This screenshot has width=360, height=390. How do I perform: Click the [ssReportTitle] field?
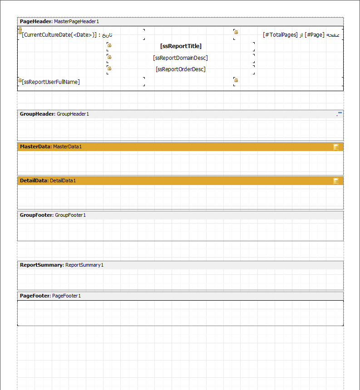pos(181,46)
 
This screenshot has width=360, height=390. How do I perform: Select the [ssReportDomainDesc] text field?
pos(180,58)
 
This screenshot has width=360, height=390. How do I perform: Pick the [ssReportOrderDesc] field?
pos(180,69)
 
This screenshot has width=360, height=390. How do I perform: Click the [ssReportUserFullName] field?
pos(51,82)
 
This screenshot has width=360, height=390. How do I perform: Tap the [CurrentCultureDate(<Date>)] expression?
pos(59,35)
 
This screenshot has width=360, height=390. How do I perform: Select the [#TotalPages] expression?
pos(280,35)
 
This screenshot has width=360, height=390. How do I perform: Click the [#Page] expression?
pos(315,35)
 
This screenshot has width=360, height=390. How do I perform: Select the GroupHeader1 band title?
pos(73,114)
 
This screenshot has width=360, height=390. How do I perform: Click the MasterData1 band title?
pos(67,146)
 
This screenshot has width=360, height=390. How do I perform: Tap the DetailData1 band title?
pos(63,180)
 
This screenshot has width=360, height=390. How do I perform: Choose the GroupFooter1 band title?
pos(70,215)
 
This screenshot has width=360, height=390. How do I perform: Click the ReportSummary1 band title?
pos(84,265)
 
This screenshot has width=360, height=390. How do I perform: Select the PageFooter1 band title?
pos(66,296)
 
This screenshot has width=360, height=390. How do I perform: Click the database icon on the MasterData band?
pos(336,147)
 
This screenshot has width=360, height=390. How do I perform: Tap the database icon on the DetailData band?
pos(336,181)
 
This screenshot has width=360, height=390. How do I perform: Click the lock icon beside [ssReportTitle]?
pos(109,45)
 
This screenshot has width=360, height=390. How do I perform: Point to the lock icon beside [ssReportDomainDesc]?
pos(109,57)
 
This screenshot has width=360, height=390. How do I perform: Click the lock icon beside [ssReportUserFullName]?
pos(20,80)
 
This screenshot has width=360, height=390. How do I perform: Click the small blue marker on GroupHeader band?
pos(340,112)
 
